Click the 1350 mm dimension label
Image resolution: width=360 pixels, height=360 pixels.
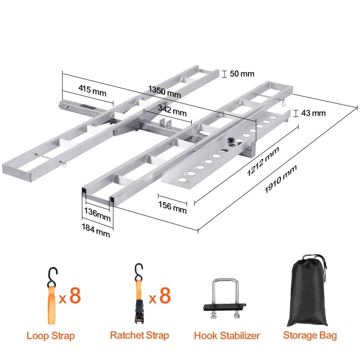click(x=165, y=92)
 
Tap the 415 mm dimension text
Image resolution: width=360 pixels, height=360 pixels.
click(x=92, y=90)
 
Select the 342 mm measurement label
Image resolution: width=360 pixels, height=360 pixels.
click(x=172, y=111)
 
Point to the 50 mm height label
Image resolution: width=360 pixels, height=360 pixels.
click(x=242, y=74)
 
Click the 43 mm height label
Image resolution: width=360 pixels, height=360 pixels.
click(x=313, y=113)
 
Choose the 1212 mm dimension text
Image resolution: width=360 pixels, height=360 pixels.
click(x=263, y=161)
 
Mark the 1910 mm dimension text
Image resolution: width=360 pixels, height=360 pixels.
click(x=280, y=179)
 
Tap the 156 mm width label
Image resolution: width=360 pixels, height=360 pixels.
click(x=172, y=207)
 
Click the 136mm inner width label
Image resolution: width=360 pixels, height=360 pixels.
click(x=97, y=214)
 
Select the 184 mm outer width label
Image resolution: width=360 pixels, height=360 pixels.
click(x=96, y=230)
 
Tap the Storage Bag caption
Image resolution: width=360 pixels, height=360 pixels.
click(x=310, y=335)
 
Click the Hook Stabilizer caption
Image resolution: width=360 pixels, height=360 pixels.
click(x=227, y=336)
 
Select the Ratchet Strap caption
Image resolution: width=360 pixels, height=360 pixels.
click(x=139, y=335)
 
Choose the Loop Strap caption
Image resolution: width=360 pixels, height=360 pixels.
click(x=51, y=336)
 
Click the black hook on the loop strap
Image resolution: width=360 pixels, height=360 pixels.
click(x=52, y=277)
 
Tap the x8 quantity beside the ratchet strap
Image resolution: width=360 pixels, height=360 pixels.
click(x=160, y=296)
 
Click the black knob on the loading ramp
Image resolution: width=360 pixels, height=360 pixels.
click(x=230, y=140)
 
